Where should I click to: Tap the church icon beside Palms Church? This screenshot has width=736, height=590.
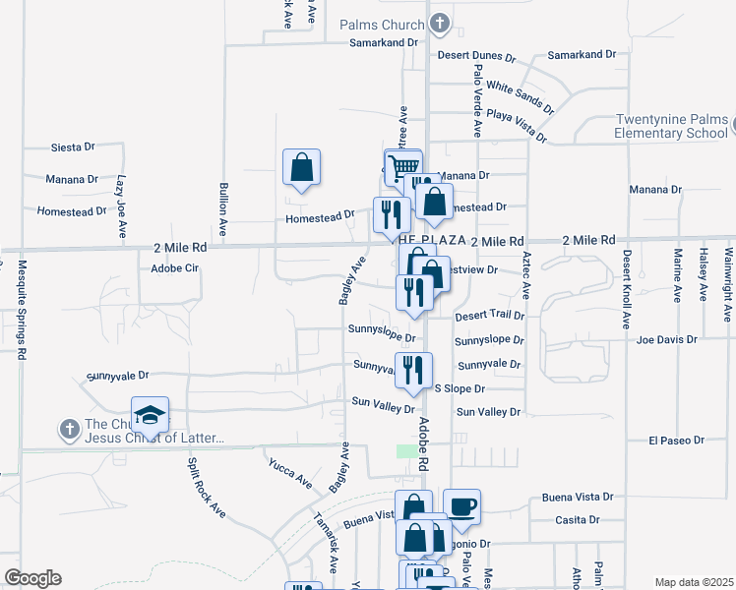[439, 24]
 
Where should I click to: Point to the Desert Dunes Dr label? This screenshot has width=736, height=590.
[477, 56]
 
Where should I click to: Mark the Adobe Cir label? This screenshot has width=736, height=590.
[174, 267]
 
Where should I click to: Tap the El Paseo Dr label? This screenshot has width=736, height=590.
[678, 441]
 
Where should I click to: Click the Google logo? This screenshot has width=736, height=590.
[32, 578]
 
